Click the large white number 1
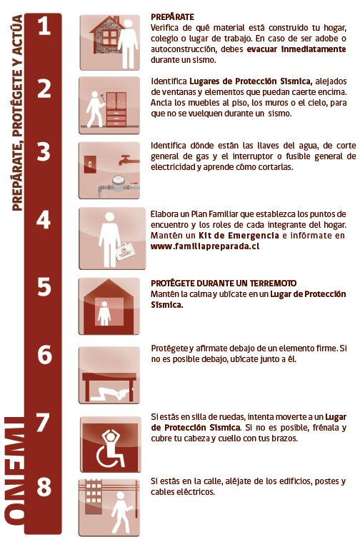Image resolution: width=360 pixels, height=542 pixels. click(x=44, y=26)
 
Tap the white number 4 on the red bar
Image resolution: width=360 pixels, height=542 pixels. click(x=44, y=219)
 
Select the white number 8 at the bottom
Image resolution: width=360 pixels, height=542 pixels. click(x=44, y=487)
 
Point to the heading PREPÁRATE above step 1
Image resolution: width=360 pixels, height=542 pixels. click(x=172, y=17)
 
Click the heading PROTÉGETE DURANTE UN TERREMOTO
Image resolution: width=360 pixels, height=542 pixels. click(x=224, y=283)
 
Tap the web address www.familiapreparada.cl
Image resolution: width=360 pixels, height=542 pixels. click(x=205, y=246)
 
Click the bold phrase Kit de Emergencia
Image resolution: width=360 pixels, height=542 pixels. click(x=239, y=236)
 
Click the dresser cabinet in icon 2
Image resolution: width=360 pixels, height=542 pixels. click(x=116, y=109)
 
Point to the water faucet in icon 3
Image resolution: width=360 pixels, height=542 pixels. click(x=127, y=160)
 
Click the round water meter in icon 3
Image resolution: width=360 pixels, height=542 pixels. click(x=118, y=181)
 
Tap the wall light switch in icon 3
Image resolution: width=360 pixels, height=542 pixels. click(x=90, y=164)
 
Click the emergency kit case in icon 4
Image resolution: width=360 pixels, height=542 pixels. click(x=124, y=250)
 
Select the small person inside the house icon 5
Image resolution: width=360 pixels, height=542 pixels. click(x=104, y=313)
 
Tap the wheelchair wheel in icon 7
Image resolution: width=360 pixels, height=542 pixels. click(x=106, y=456)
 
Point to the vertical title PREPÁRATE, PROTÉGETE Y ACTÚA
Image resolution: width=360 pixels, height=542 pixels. click(x=17, y=112)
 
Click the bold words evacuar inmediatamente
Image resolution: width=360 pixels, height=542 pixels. click(x=296, y=49)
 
